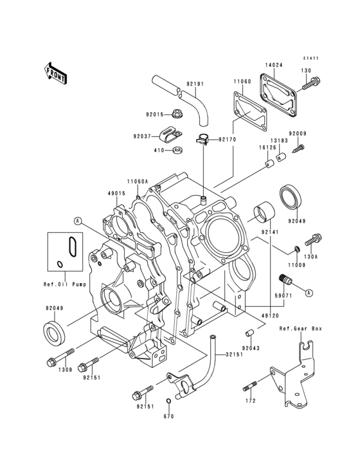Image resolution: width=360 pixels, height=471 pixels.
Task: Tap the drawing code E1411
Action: pyautogui.click(x=311, y=59)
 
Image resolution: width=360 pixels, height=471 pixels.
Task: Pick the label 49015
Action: pyautogui.click(x=116, y=192)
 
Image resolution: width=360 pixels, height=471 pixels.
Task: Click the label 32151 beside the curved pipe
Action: pyautogui.click(x=234, y=355)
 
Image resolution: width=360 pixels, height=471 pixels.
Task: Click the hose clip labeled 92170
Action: pyautogui.click(x=203, y=137)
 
